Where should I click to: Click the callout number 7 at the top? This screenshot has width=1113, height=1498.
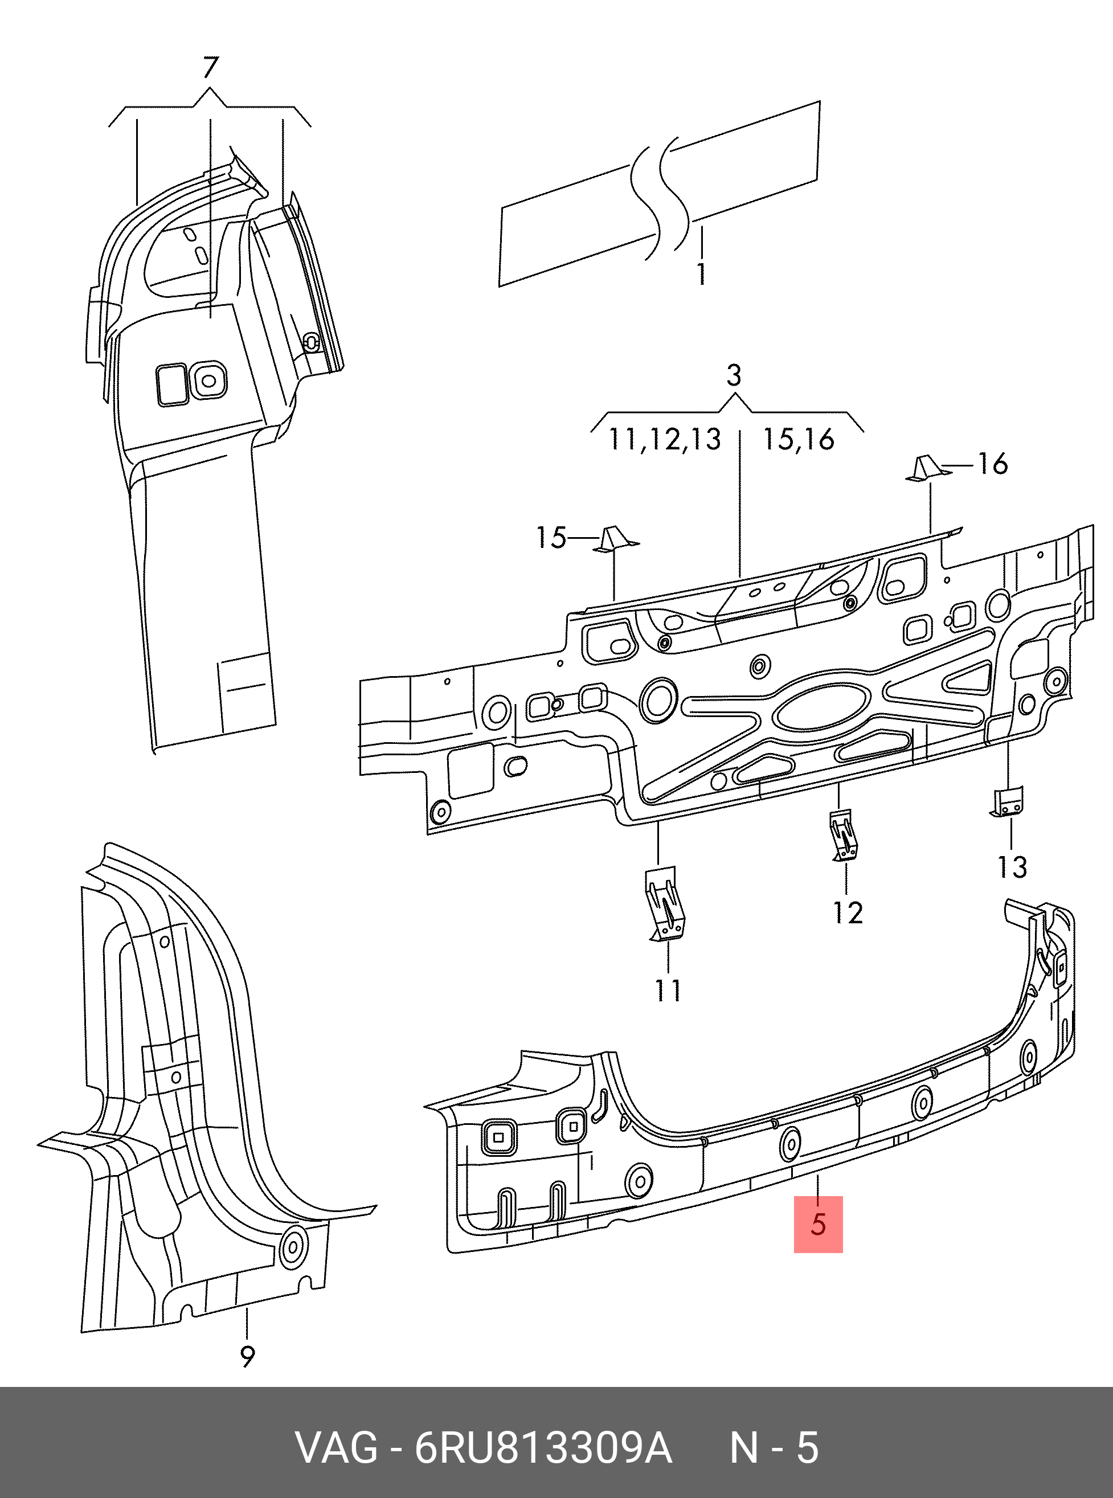coord(210,69)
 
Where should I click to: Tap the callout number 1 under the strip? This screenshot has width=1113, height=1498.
coord(701,274)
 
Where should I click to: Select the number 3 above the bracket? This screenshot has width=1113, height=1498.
coord(734,376)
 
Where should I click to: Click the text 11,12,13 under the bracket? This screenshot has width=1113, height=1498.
coord(664,440)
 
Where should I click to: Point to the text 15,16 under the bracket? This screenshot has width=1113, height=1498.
coord(799,440)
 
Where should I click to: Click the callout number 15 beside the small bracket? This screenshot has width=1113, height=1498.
coord(550,538)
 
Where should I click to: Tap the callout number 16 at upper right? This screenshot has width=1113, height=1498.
coord(992,464)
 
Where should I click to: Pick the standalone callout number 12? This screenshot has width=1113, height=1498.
coord(848,912)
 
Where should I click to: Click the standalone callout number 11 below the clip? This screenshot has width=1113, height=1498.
coord(668,990)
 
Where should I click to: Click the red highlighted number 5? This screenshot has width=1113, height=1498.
coord(818,1224)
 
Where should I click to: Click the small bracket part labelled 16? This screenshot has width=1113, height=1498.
coord(926,469)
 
